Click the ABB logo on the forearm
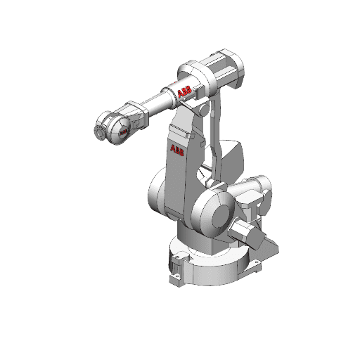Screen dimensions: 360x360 click(184, 92)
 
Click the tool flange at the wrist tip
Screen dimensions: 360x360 click(100, 131)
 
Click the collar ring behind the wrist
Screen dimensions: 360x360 click(134, 112)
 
